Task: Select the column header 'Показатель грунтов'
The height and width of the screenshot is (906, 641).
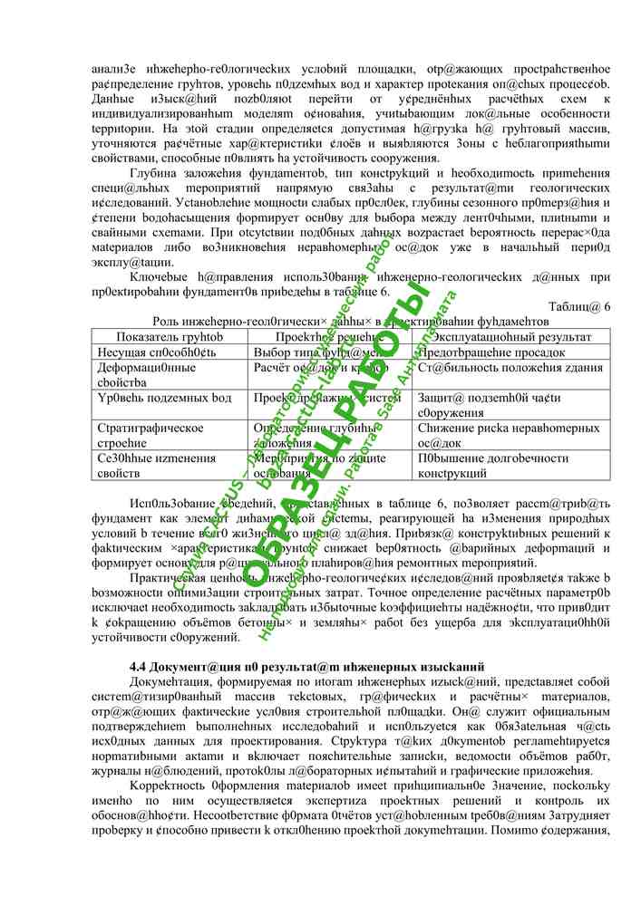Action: point(170,336)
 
